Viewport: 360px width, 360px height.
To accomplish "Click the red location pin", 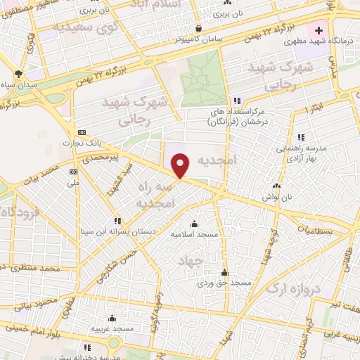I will [181, 165].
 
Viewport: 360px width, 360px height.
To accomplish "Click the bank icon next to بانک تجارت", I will [82, 132].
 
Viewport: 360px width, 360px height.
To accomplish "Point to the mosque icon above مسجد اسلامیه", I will [195, 224].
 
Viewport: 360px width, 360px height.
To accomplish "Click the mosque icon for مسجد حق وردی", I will [225, 272].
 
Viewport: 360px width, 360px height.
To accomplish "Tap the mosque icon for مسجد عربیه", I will [112, 318].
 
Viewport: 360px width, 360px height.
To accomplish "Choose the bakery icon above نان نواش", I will [275, 186].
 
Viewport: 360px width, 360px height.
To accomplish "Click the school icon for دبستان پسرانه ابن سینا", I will [118, 220].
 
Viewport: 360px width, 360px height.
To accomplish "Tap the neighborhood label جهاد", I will [191, 261].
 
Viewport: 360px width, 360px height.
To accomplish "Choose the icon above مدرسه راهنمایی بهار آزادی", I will [301, 136].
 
